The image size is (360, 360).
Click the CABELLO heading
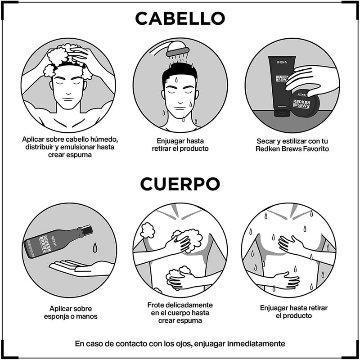(x=180, y=18)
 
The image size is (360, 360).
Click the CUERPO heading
(x=180, y=184)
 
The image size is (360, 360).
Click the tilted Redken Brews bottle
(x=58, y=241)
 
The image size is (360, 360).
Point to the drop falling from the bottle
(x=95, y=247)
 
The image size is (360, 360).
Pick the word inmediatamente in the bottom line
(x=256, y=344)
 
